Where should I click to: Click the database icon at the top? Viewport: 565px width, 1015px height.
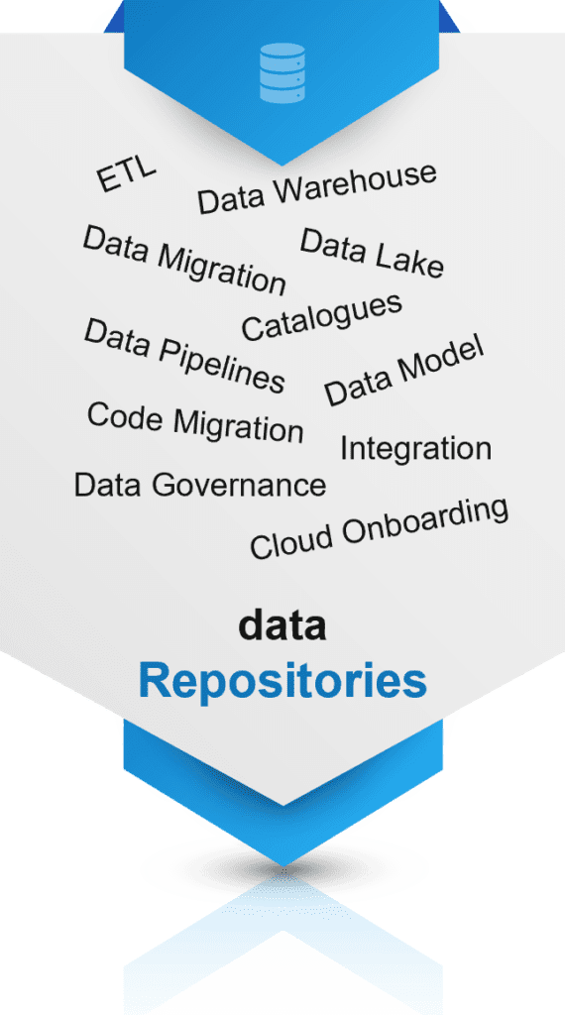click(x=282, y=72)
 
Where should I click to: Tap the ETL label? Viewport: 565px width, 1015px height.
click(x=126, y=174)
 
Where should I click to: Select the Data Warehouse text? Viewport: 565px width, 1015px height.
click(x=317, y=188)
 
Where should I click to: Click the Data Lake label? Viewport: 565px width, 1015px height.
click(x=372, y=253)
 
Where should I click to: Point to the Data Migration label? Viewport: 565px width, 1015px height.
click(x=184, y=260)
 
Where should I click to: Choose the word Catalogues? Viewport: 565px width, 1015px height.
click(x=322, y=316)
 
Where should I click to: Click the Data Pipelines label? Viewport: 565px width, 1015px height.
click(x=185, y=356)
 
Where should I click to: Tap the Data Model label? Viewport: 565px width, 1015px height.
click(x=404, y=371)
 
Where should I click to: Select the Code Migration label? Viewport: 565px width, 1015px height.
click(x=195, y=422)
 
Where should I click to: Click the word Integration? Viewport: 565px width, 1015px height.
click(x=416, y=449)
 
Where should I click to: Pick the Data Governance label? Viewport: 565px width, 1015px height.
click(x=200, y=485)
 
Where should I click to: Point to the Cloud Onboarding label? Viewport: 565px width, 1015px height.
click(x=380, y=528)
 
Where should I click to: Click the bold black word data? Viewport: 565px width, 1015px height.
click(x=282, y=625)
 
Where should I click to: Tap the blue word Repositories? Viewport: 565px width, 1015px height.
click(x=282, y=682)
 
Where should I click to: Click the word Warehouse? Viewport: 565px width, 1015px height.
click(x=352, y=183)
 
